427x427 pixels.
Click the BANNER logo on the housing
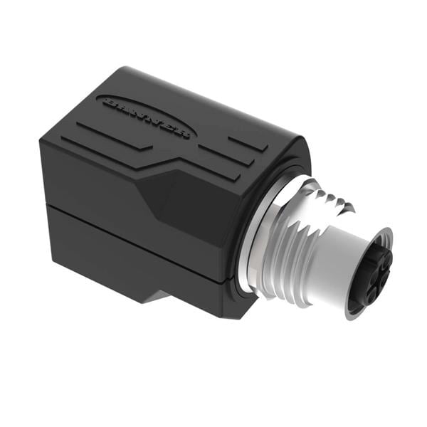pyautogui.click(x=147, y=116)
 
